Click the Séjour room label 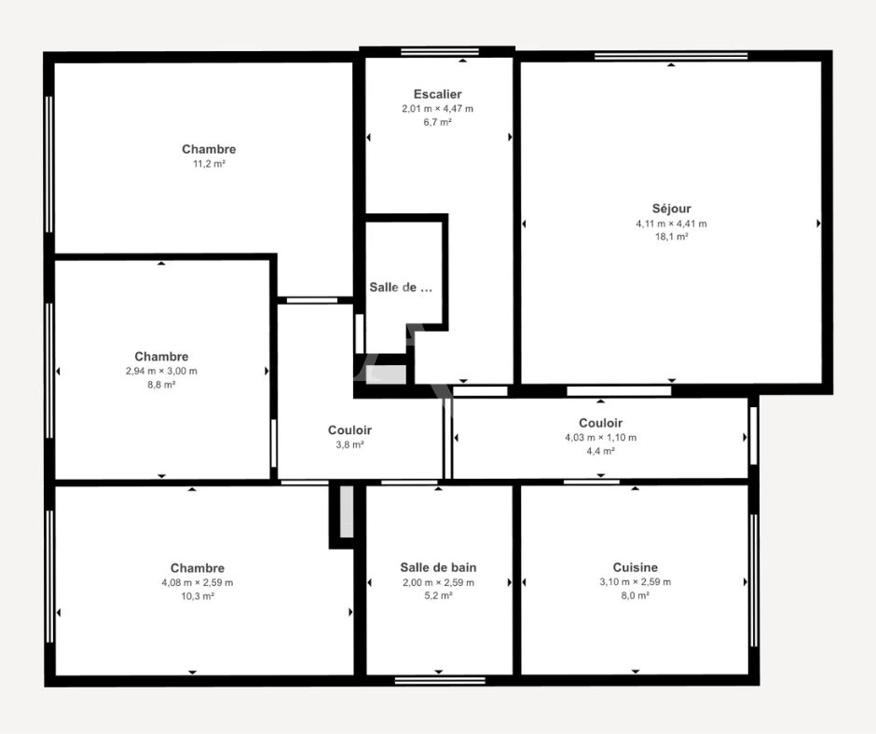pyautogui.click(x=672, y=209)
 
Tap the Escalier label pyautogui.click(x=437, y=94)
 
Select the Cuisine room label pyautogui.click(x=636, y=567)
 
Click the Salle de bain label pyautogui.click(x=439, y=567)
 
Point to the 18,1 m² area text pyautogui.click(x=672, y=237)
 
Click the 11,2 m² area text pyautogui.click(x=209, y=164)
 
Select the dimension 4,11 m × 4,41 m pyautogui.click(x=671, y=224)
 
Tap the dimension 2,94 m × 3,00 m pyautogui.click(x=161, y=371)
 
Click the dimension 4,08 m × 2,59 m pyautogui.click(x=198, y=582)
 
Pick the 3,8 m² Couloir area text pyautogui.click(x=349, y=444)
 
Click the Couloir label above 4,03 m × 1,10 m pyautogui.click(x=600, y=424)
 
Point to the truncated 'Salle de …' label pyautogui.click(x=401, y=288)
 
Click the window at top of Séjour pyautogui.click(x=671, y=56)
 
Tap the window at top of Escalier pyautogui.click(x=440, y=52)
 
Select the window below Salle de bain pyautogui.click(x=440, y=680)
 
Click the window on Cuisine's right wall pyautogui.click(x=754, y=580)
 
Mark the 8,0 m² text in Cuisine pyautogui.click(x=636, y=595)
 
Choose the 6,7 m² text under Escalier pyautogui.click(x=437, y=122)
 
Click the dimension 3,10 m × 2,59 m pyautogui.click(x=636, y=582)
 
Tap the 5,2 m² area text pyautogui.click(x=439, y=596)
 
